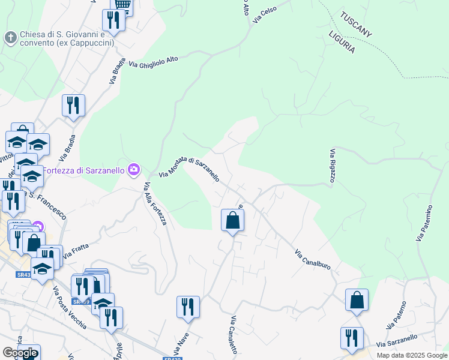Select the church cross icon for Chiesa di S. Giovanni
[x=10, y=38]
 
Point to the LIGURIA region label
[x=342, y=41]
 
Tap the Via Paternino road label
[x=424, y=223]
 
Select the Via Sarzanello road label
[x=397, y=341]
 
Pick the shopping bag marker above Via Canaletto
[x=233, y=220]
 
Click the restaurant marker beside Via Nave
[x=188, y=307]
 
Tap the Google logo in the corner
[x=20, y=353]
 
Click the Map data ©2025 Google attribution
[x=412, y=355]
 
